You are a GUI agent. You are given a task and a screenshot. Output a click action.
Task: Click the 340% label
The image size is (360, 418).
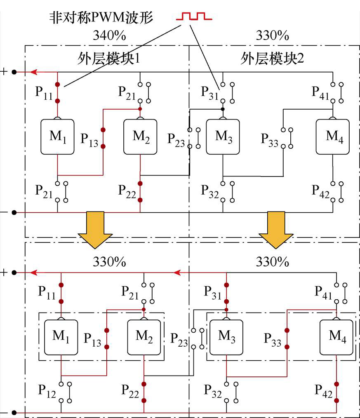click(x=109, y=36)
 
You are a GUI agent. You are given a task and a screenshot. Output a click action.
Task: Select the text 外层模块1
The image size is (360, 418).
click(x=108, y=59)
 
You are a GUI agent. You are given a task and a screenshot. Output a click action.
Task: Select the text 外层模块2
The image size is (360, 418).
click(x=272, y=59)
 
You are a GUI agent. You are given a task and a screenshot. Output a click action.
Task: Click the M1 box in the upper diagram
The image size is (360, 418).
click(x=57, y=137)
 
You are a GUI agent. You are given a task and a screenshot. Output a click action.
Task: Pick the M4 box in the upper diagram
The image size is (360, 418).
click(x=332, y=137)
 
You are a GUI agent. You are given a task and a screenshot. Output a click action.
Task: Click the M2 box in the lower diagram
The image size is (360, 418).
click(x=144, y=337)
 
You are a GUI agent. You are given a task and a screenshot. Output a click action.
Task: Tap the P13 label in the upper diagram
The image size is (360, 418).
click(x=89, y=139)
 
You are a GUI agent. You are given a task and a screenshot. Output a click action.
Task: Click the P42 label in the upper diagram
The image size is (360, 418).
click(x=321, y=191)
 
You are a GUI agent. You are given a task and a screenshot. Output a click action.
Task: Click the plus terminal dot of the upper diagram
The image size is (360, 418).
click(x=14, y=72)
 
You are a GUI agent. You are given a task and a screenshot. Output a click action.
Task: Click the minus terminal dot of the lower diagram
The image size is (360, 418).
click(x=14, y=413)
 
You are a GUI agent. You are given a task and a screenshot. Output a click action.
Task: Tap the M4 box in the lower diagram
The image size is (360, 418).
click(x=337, y=337)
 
